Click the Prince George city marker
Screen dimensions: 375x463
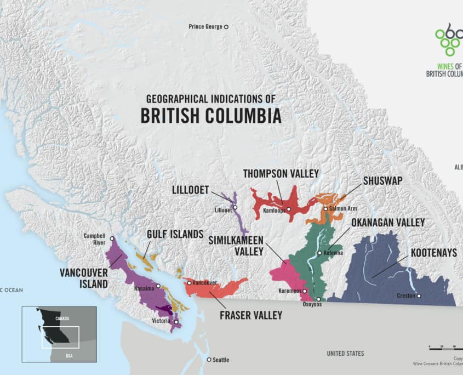(x=226, y=26)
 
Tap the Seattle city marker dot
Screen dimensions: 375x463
(x=209, y=360)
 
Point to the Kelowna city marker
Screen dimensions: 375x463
(x=319, y=253)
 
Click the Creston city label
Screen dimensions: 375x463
(x=405, y=296)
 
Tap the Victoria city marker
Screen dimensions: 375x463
(x=176, y=322)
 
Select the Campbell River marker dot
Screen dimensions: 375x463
(x=112, y=238)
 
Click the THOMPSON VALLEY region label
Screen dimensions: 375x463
(x=281, y=174)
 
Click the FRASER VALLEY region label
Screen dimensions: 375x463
(x=250, y=315)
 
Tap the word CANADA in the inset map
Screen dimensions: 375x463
(x=62, y=319)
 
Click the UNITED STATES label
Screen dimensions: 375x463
(x=345, y=354)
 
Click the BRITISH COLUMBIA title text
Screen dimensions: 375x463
(x=211, y=116)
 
